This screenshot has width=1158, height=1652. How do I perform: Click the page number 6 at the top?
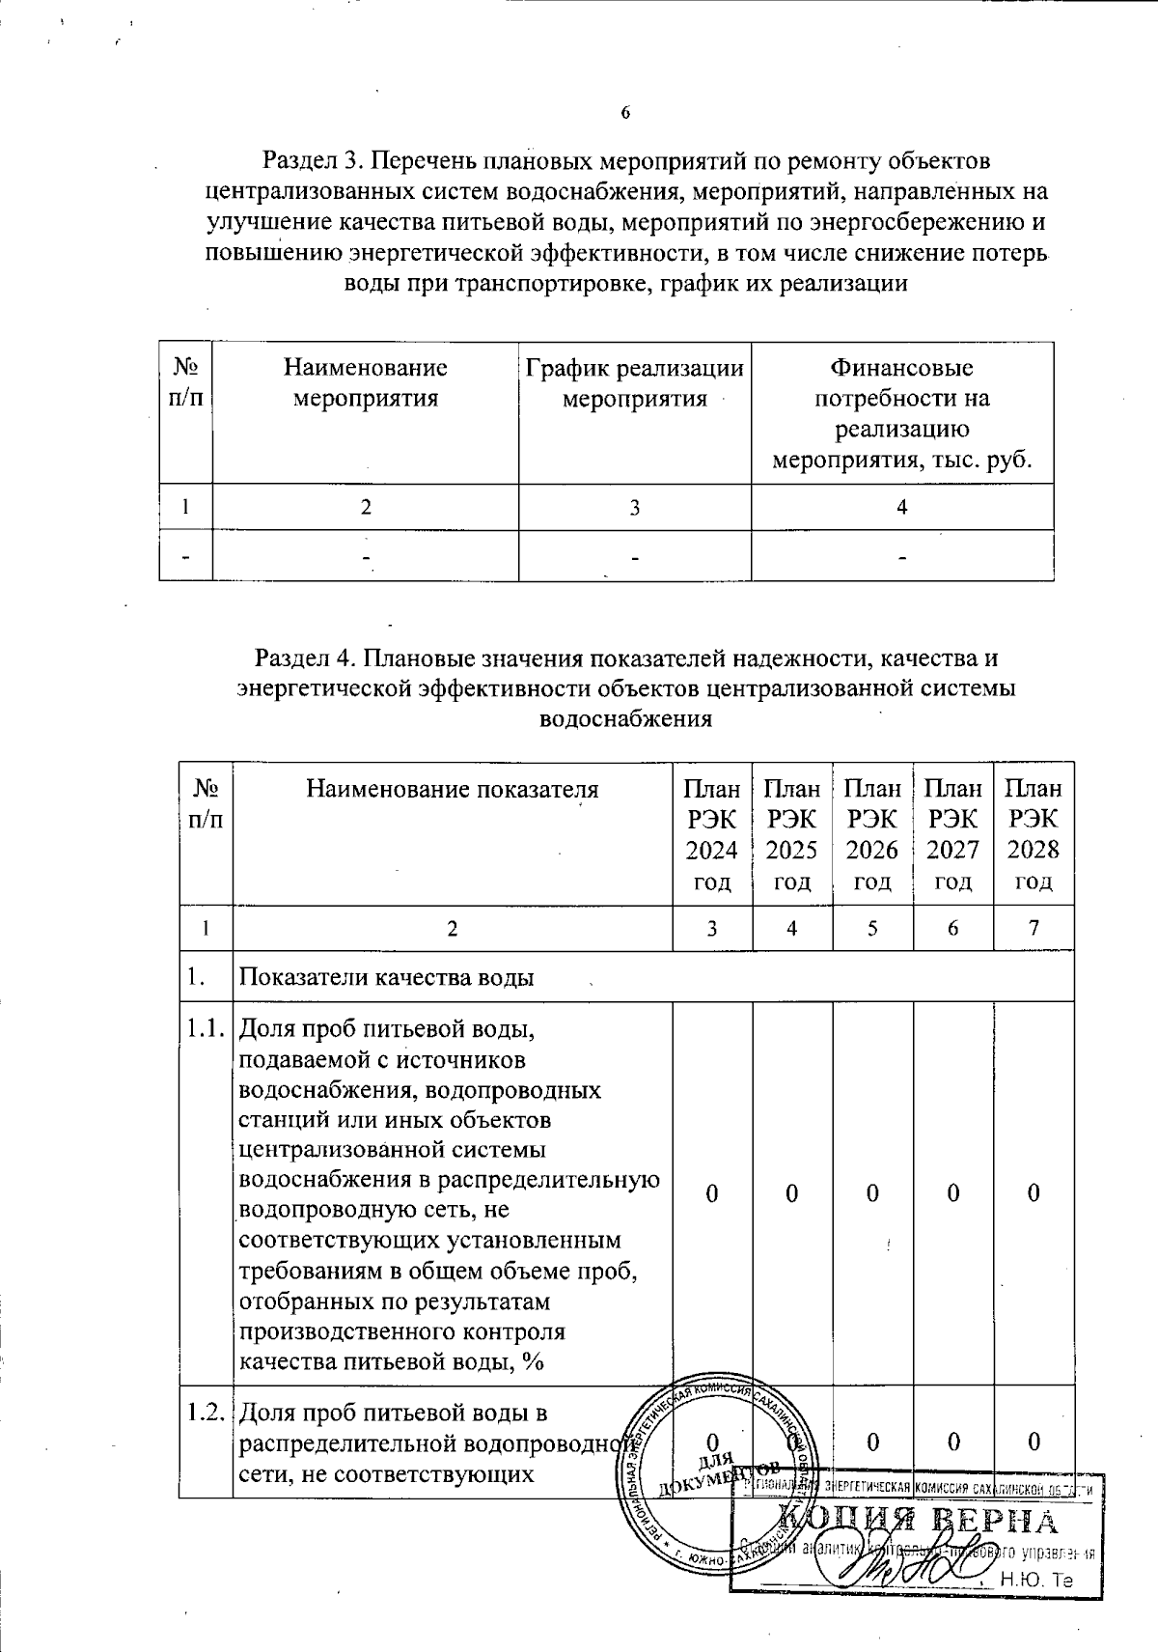(625, 114)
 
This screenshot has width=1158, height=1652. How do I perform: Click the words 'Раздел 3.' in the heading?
(307, 159)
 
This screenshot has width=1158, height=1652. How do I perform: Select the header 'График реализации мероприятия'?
(634, 382)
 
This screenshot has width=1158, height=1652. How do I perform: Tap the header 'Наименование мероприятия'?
(365, 382)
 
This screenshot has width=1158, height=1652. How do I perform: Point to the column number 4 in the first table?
(901, 506)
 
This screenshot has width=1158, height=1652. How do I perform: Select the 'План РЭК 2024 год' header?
(712, 834)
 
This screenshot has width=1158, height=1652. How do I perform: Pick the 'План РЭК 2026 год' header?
(872, 834)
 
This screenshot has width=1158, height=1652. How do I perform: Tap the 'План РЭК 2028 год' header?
(1034, 834)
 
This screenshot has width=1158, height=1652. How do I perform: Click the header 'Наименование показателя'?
(453, 790)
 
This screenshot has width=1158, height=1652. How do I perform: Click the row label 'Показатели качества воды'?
(387, 977)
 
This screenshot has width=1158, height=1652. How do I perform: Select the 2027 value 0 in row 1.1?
(952, 1193)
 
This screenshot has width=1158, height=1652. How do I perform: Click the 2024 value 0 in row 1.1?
(711, 1193)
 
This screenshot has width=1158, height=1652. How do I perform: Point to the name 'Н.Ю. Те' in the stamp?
(1036, 1580)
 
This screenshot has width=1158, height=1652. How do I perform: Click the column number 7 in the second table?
(1034, 928)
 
